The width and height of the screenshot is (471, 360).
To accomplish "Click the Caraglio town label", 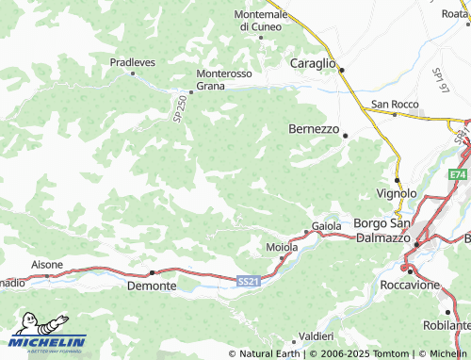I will pos(312,62).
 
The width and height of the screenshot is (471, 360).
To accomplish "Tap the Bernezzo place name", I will pos(313,129).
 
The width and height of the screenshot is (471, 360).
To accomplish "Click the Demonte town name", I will pos(151,285).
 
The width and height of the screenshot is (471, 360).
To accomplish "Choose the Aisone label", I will pos(47,265).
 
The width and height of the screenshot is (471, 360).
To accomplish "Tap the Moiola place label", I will pos(283,247).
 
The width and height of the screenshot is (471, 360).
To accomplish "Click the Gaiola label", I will pos(327,227).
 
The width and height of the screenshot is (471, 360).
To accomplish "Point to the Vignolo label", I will pos(397,193).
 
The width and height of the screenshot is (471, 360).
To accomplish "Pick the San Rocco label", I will pos(393,104).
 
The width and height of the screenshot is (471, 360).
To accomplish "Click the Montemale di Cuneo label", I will pos(260,21).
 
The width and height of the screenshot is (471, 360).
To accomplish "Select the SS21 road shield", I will pos(247,281).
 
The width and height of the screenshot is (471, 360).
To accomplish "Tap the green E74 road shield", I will pos(458,175).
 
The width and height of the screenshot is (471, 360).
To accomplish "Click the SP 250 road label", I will pos(179,108).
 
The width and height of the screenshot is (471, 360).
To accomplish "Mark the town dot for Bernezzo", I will pos(346,136).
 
